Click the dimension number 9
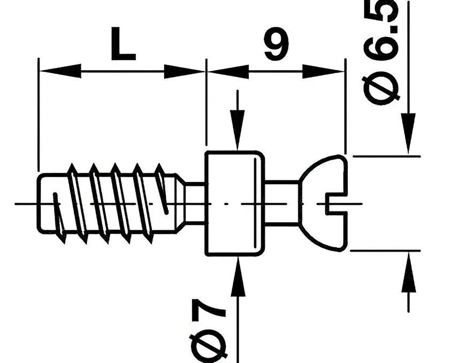pyautogui.click(x=276, y=44)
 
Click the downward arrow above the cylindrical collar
pyautogui.click(x=237, y=128)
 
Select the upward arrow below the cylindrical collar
pyautogui.click(x=237, y=278)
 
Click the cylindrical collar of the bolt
pyautogui.click(x=234, y=203)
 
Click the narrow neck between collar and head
pyautogui.click(x=281, y=203)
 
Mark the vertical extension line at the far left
pyautogui.click(x=39, y=118)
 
